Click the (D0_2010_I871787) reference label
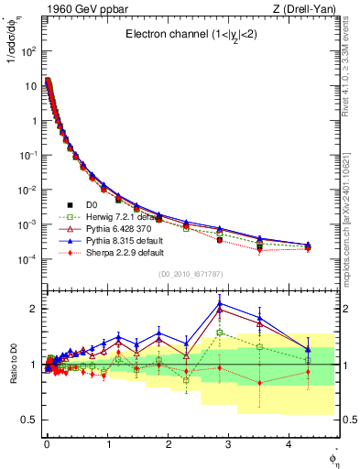coord(190,273)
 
